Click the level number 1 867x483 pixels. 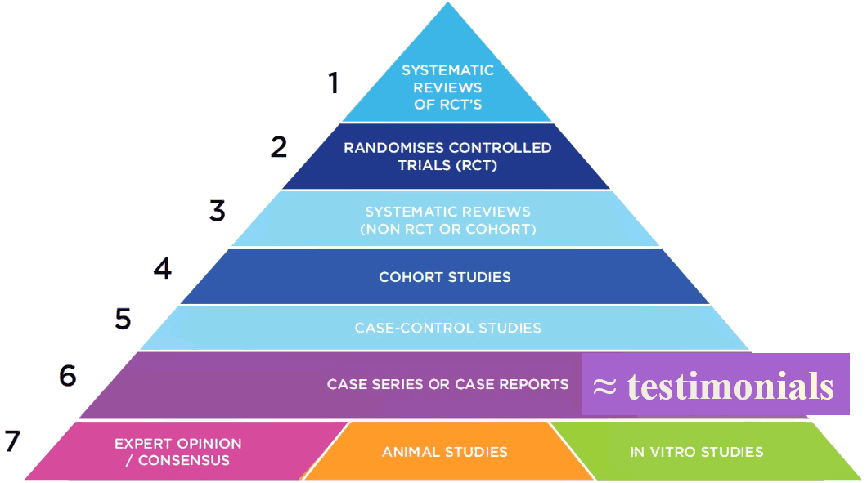tap(333, 83)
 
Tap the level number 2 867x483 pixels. tap(279, 147)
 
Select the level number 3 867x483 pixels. tap(218, 211)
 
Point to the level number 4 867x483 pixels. tap(163, 269)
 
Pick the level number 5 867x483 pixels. tap(123, 319)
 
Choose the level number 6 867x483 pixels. tap(67, 376)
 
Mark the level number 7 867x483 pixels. tap(12, 441)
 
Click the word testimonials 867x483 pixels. tap(730, 386)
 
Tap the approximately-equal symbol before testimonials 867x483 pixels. tap(604, 387)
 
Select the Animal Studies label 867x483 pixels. tap(445, 452)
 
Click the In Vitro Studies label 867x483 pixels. tap(697, 452)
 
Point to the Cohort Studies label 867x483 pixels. tap(445, 277)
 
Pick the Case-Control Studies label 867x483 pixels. tap(448, 328)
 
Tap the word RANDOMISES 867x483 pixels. tap(393, 148)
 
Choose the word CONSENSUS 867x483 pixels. tap(183, 460)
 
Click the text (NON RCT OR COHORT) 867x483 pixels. tap(448, 229)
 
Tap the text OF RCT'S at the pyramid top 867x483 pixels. tap(448, 105)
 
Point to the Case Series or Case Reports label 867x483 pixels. tap(448, 384)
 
